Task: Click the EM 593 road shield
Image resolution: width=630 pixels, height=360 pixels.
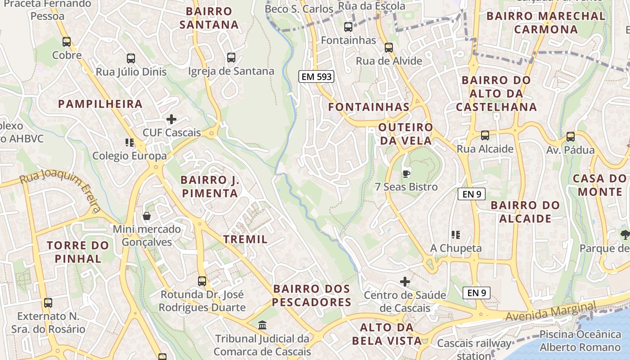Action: point(316,76)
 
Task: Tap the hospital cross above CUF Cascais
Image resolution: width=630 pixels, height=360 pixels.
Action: point(171,119)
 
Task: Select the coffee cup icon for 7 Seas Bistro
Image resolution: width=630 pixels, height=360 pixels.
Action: point(406,173)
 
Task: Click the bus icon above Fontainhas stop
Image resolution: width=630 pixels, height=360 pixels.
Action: point(348,27)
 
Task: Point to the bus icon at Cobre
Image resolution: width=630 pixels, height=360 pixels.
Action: point(67,42)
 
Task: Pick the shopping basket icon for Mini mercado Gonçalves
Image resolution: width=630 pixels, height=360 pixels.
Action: point(147,216)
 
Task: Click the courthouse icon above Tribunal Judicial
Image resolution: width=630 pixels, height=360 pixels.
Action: point(262,325)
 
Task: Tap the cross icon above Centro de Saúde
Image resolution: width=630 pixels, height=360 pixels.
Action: point(405,282)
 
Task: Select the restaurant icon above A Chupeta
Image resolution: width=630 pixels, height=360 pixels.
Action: point(456,234)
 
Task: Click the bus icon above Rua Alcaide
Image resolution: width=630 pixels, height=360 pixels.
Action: point(485,135)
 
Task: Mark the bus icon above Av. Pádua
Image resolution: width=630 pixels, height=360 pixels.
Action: point(571,136)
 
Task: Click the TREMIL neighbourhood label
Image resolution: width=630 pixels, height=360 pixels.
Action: point(246,239)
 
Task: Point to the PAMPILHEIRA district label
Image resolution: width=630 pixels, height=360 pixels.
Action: point(100,104)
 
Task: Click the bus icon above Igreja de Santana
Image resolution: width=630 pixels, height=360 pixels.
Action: point(231,58)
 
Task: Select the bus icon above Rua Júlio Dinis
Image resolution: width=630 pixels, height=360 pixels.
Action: point(131,58)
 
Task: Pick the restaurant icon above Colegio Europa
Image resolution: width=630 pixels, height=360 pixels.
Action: point(130,143)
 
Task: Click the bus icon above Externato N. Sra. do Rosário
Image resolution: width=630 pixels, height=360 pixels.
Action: point(48,303)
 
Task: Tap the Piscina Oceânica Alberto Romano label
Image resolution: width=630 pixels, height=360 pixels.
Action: point(580,341)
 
